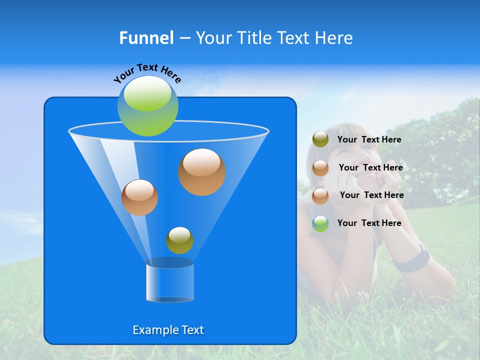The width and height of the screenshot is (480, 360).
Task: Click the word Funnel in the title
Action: click(x=146, y=38)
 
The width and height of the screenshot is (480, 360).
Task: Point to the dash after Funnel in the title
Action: click(x=184, y=38)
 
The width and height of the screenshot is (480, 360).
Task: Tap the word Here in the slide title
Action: click(x=335, y=38)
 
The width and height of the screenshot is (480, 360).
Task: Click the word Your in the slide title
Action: click(x=213, y=38)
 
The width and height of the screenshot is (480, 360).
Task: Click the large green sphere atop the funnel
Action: click(x=147, y=105)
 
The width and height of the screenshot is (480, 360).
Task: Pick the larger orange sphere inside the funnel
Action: click(x=201, y=171)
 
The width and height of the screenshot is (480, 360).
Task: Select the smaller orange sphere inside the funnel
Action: click(x=139, y=197)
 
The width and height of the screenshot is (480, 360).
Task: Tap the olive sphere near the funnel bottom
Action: click(x=179, y=240)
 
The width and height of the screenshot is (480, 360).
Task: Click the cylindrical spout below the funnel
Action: click(x=169, y=282)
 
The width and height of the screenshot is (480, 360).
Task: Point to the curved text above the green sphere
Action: click(x=147, y=72)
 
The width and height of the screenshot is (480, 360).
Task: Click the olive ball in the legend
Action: click(x=320, y=139)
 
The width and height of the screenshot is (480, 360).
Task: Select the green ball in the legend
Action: click(x=320, y=223)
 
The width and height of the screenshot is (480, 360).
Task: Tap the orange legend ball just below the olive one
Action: click(x=320, y=168)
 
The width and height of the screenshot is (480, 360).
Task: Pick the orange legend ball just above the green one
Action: click(x=320, y=195)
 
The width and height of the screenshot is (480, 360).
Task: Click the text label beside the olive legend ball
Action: click(x=369, y=140)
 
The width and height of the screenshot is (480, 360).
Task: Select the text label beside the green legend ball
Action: click(x=369, y=223)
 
